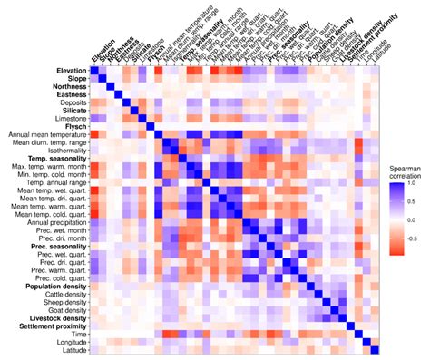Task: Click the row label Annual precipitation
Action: pos(54,221)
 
